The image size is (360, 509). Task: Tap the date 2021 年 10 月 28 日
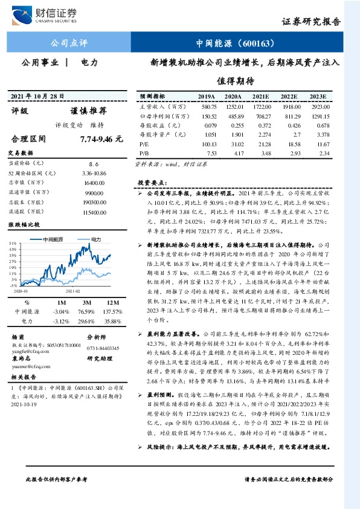coord(39,97)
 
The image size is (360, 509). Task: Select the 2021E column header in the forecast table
coord(261,97)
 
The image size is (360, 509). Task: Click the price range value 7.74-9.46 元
coord(101,138)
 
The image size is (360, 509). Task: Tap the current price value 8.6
coord(94,163)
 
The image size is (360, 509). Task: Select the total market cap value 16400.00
coord(94,182)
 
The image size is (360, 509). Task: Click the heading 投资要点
coord(152,182)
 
